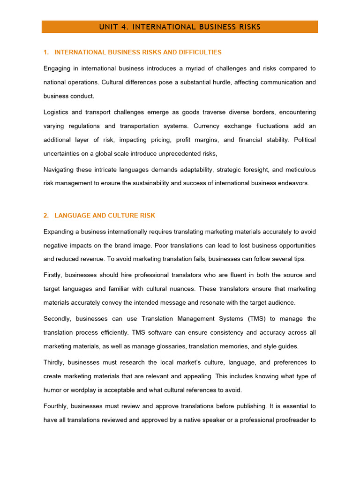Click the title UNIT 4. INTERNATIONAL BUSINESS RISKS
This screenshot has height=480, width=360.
180,27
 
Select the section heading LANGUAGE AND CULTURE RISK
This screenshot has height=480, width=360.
105,216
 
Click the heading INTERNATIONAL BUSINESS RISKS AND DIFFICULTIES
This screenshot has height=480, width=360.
138,52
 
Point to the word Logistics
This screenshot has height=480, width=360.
56,112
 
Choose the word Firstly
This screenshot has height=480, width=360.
52,275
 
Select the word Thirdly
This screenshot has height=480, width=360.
54,362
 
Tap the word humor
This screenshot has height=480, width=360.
53,390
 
